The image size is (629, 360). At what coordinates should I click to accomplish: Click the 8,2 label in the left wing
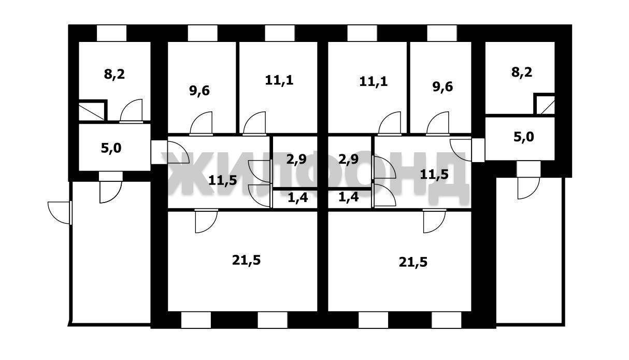coord(115,74)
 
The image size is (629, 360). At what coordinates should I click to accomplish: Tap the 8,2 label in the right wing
coord(522,72)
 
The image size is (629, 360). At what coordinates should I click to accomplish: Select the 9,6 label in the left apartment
coord(199,91)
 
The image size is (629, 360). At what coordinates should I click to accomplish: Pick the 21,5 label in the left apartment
coord(246,260)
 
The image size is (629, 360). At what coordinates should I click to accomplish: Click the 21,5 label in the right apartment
coord(413,262)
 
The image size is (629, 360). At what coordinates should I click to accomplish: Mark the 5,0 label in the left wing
coord(111,148)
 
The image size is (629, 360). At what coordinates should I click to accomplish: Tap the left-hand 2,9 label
coord(295,160)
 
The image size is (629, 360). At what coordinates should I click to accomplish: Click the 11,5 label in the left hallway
coord(223,180)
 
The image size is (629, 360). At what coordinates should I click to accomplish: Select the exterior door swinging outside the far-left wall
coord(59,212)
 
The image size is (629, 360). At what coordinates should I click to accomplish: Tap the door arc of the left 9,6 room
coord(201,123)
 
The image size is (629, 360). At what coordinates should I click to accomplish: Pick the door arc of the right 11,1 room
coord(389,123)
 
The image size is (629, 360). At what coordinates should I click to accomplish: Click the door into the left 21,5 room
coord(206,221)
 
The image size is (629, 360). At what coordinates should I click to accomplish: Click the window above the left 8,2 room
coord(111,33)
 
